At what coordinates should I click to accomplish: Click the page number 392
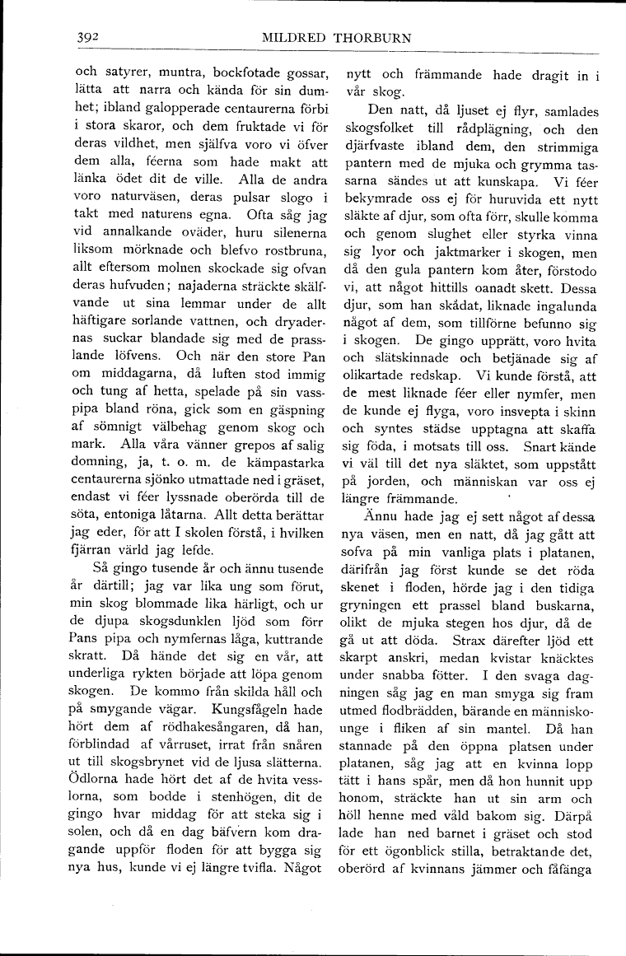coord(87,38)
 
